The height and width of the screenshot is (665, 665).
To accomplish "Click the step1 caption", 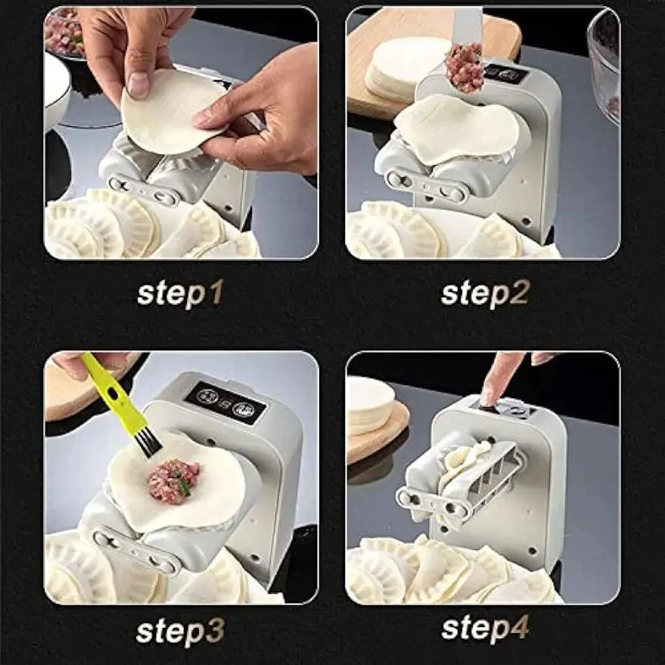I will [x=180, y=293].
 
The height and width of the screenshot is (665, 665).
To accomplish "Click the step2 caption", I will [x=484, y=293].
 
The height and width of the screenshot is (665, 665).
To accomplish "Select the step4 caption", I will [x=484, y=628].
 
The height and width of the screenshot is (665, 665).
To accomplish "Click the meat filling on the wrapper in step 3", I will [x=173, y=480].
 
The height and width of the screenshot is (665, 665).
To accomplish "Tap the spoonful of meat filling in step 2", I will [x=464, y=67].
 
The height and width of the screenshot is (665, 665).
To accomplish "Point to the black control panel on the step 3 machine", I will [x=225, y=402].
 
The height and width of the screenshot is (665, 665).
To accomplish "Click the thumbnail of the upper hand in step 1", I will [x=138, y=85].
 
